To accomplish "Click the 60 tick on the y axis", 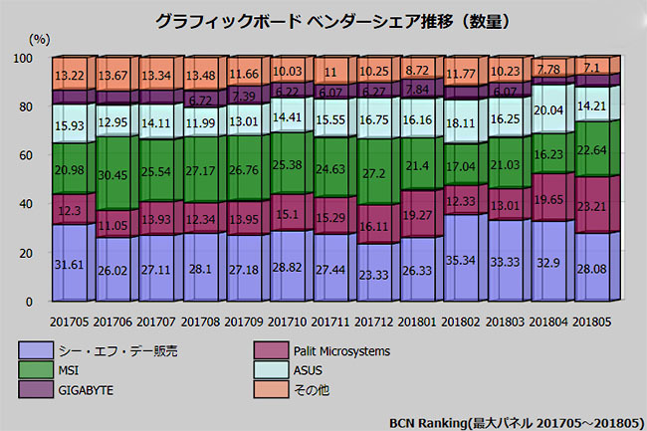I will (26, 155).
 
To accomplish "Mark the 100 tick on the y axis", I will (23, 58).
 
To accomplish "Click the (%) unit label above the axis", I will (39, 39).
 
